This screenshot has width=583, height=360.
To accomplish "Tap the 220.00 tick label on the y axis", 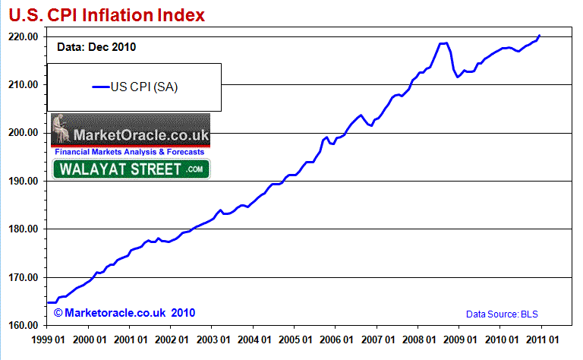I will [x=23, y=36].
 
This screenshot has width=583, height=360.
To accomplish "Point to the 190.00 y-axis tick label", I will [x=23, y=181].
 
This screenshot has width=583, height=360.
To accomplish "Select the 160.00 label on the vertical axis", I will [x=23, y=325].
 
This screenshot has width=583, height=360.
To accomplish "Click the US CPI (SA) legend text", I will [x=144, y=87].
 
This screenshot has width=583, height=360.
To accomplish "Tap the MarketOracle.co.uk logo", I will [x=130, y=134].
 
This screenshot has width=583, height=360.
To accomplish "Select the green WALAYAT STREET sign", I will [x=131, y=169].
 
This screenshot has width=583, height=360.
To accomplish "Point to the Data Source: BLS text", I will [x=503, y=313].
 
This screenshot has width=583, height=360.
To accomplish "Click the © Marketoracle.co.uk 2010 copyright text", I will [x=114, y=312].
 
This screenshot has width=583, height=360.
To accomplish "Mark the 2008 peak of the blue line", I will [x=444, y=43].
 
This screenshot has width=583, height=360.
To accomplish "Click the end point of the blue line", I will [x=539, y=36].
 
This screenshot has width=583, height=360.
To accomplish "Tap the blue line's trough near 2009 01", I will [x=457, y=77].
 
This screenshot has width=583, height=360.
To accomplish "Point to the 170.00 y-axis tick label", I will [x=23, y=277].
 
